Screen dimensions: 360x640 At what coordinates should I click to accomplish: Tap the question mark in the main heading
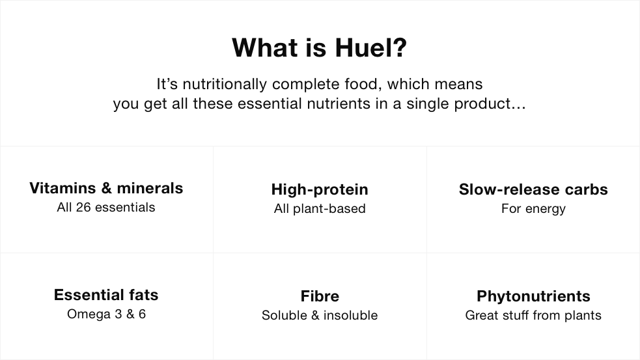pyautogui.click(x=400, y=48)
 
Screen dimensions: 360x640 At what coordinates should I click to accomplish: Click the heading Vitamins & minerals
pyautogui.click(x=106, y=188)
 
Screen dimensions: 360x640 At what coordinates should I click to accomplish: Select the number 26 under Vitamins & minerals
pyautogui.click(x=83, y=208)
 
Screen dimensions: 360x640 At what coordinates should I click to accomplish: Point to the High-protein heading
pyautogui.click(x=320, y=189)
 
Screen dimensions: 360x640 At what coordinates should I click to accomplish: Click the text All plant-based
pyautogui.click(x=320, y=209)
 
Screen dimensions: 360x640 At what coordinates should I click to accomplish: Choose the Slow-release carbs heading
pyautogui.click(x=533, y=189)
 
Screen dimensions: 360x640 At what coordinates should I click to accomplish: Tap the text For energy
pyautogui.click(x=533, y=209)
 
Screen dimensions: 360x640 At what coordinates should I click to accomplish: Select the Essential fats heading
pyautogui.click(x=106, y=295)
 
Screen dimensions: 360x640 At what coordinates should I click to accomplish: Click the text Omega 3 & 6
pyautogui.click(x=106, y=314)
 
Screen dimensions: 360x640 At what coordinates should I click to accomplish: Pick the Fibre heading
pyautogui.click(x=320, y=296)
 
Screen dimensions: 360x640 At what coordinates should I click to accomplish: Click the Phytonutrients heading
pyautogui.click(x=533, y=296)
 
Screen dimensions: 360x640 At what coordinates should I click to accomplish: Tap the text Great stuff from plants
pyautogui.click(x=533, y=316)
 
